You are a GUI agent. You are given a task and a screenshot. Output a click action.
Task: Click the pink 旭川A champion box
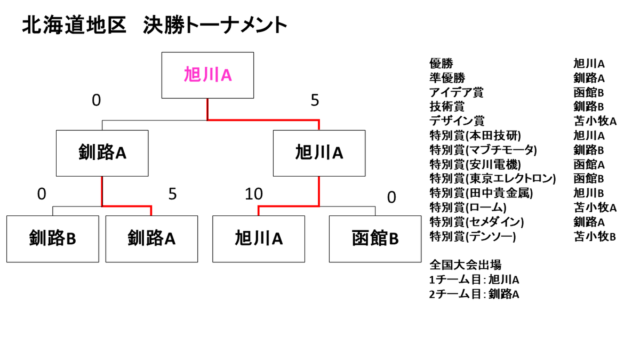(x=207, y=75)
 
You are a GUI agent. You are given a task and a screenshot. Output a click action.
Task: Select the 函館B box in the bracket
(x=375, y=239)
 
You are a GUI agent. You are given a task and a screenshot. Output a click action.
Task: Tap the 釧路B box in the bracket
(x=53, y=239)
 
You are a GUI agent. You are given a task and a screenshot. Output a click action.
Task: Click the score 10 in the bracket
(x=254, y=194)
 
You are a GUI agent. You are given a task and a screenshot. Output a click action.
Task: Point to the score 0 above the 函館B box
(x=391, y=197)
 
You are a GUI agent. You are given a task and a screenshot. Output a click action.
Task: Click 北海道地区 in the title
(x=74, y=25)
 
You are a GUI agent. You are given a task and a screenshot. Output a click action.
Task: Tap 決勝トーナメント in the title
(x=215, y=25)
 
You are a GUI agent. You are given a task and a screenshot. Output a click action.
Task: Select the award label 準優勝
(x=447, y=78)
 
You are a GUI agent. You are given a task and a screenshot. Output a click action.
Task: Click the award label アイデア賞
(x=457, y=92)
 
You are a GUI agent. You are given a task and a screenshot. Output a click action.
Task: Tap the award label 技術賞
(x=447, y=107)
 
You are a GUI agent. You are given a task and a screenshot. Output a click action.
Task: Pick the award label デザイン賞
(x=457, y=121)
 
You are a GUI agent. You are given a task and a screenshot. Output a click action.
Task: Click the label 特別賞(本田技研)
(x=475, y=135)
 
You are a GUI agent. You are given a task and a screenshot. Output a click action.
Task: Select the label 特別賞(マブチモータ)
(x=483, y=150)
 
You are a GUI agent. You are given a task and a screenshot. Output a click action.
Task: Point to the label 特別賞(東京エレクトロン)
(x=493, y=179)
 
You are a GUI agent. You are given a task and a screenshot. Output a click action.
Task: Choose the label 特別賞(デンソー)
(x=473, y=236)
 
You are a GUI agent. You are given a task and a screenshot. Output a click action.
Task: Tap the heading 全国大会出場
(x=466, y=265)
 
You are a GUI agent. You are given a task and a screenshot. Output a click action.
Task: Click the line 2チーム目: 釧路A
(x=474, y=294)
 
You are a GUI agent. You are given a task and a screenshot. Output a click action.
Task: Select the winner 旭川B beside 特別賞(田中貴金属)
(x=589, y=193)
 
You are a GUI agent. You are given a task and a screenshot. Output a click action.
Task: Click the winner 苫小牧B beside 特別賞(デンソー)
(x=595, y=237)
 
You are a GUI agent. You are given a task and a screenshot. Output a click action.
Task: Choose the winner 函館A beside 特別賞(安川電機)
(x=589, y=164)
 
